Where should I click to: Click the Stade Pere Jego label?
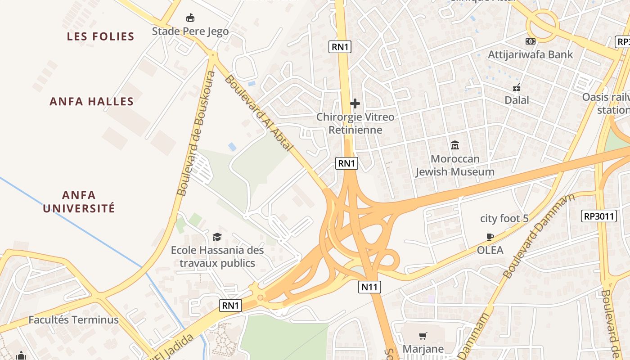pos(190,31)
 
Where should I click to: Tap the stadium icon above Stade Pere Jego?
pos(190,18)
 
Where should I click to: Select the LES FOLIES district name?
pos(101,36)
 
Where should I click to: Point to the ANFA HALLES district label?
pos(92,101)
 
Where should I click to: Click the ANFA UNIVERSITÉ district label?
pos(79,202)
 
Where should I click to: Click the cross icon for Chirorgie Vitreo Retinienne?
pos(355,104)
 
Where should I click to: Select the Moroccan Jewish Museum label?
pos(455,165)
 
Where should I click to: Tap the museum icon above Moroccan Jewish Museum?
pos(455,145)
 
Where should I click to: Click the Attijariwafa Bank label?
pos(531,54)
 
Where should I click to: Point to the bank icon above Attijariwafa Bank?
pos(531,41)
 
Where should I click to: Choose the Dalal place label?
pos(517,100)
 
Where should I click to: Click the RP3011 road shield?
pos(598,216)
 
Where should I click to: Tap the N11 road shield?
pos(369,287)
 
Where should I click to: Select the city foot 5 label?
pos(504,219)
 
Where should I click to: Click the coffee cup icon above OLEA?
pos(490,237)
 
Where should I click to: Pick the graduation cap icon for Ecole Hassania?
pos(217,237)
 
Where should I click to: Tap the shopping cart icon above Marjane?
pos(423,336)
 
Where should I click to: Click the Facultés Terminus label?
pos(74,320)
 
